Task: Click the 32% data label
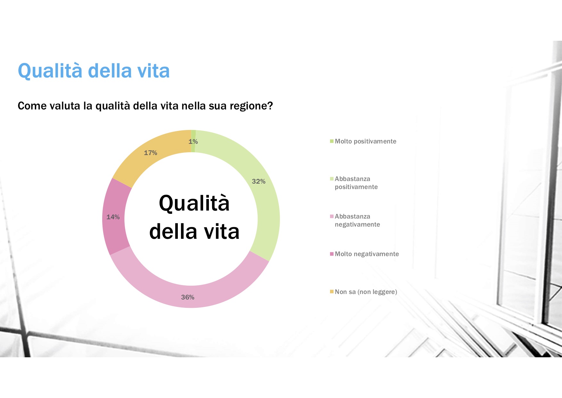pos(259,181)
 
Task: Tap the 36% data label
pos(188,297)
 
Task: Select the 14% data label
pos(113,217)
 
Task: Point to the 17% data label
pos(151,153)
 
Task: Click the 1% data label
pos(193,142)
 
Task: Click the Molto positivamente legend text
pos(366,142)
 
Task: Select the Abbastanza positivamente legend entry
pos(356,183)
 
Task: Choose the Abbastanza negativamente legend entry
pos(357,221)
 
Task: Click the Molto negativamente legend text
pos(367,254)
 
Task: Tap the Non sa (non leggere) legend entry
pos(364,292)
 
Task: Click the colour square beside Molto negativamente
pos(332,254)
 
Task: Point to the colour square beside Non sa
pos(332,292)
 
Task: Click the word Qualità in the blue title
pos(50,71)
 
